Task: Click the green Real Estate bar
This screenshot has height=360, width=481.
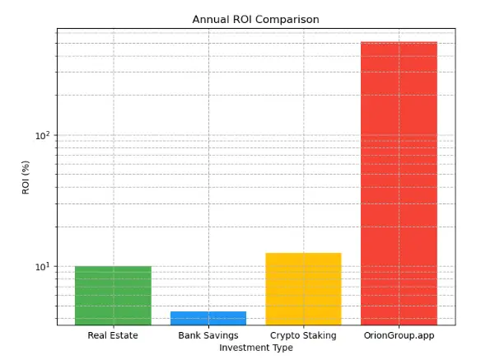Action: tap(113, 295)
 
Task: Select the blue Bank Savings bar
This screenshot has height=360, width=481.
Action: tap(208, 318)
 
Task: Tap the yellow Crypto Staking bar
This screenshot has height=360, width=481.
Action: tap(303, 288)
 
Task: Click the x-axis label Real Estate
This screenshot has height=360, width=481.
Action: tap(113, 335)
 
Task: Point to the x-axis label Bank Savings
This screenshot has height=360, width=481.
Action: tap(208, 335)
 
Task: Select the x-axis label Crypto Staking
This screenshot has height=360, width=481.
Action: tap(303, 335)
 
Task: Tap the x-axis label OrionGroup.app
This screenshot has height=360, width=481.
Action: tap(399, 335)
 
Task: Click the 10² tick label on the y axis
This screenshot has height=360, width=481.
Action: tap(42, 135)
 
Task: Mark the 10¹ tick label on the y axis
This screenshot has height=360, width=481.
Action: tap(42, 266)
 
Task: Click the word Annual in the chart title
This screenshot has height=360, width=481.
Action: tap(210, 19)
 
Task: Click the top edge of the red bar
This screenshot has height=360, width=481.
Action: tap(399, 42)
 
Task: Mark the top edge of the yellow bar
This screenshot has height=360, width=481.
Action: tap(303, 253)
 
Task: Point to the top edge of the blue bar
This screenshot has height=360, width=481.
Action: tap(208, 311)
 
